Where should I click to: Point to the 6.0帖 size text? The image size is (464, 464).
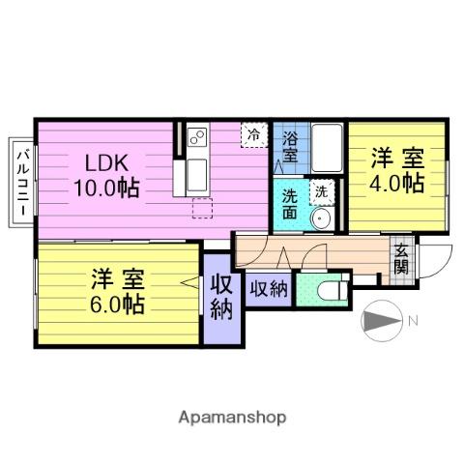point(118,304)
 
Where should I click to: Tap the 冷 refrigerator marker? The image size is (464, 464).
point(252,134)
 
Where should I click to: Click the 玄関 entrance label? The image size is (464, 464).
point(400,260)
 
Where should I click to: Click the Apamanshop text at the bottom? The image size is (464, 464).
point(231,418)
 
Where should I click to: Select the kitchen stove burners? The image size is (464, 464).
point(195,139)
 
